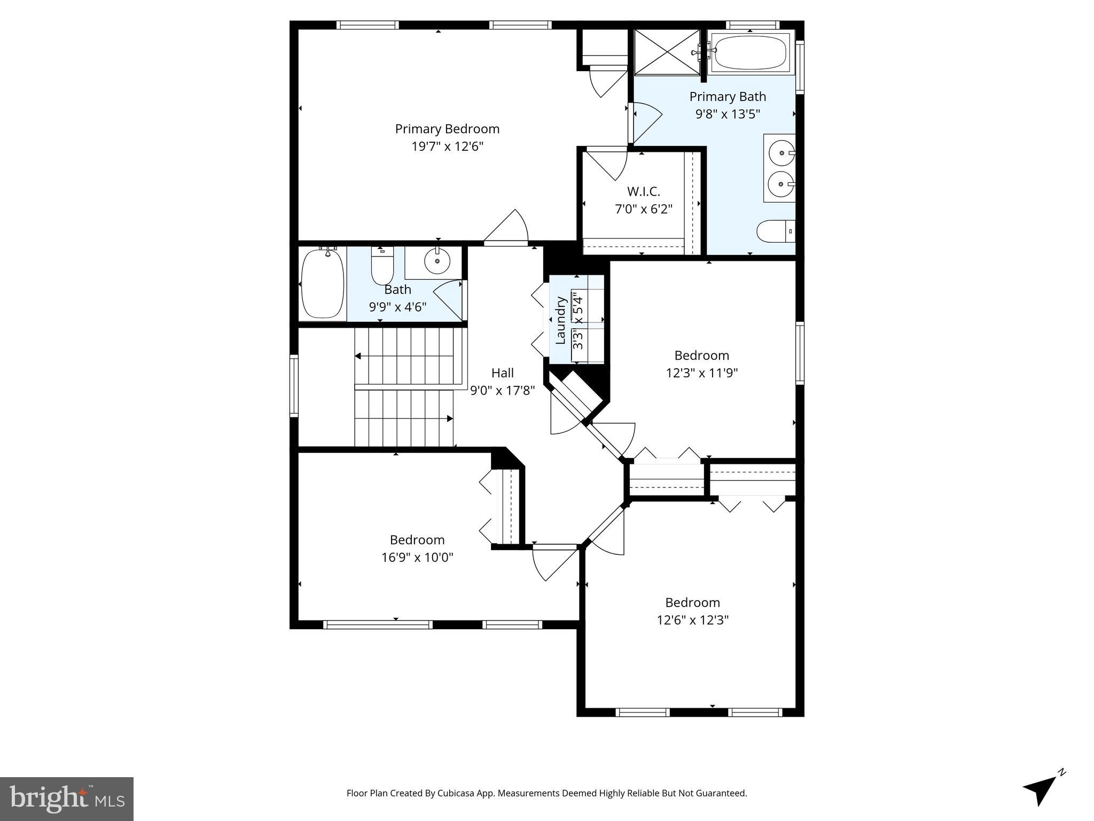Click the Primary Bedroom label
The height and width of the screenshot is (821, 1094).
[447, 129]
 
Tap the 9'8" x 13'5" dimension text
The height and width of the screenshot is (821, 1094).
[727, 114]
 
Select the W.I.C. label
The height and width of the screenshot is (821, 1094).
[643, 191]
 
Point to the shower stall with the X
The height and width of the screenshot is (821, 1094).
[666, 52]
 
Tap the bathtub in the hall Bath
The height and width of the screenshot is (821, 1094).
[322, 283]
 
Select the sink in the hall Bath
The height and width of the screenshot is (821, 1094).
[437, 261]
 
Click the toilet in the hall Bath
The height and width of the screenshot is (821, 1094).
[382, 267]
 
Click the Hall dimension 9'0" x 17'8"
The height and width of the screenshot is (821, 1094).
[502, 391]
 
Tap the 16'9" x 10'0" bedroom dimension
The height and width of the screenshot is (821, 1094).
[417, 557]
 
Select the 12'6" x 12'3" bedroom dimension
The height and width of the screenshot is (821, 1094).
[692, 620]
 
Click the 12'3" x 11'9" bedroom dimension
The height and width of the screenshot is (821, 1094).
[701, 373]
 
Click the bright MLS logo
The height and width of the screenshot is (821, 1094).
[66, 799]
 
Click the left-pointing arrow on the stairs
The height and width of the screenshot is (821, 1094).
[358, 356]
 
